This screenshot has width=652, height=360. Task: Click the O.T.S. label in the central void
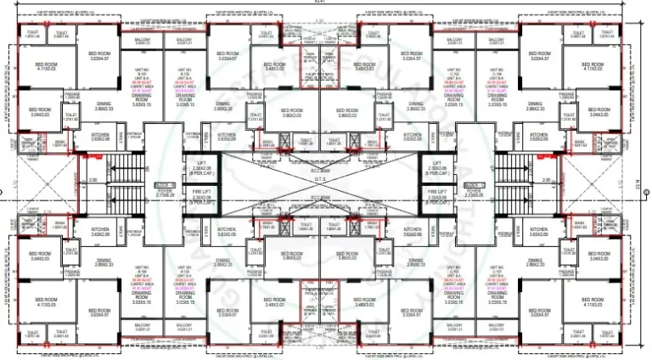click(x=325, y=179)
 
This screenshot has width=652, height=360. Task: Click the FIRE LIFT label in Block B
click(x=195, y=194)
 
